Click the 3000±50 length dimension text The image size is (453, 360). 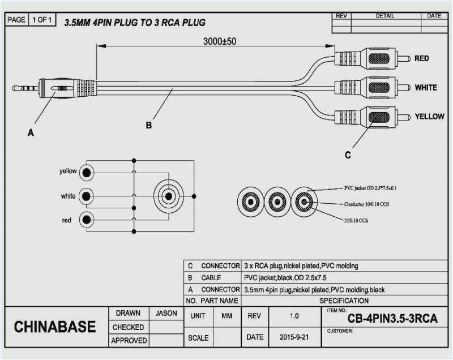220,41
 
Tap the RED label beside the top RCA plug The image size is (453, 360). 421,58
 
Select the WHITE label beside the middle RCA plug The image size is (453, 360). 425,88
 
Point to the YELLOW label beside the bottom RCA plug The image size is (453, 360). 429,116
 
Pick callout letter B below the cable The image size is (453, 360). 149,126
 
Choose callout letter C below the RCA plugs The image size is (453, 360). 348,155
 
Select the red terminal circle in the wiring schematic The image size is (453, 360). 87,220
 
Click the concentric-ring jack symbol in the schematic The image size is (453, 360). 168,196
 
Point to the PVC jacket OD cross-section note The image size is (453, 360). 374,188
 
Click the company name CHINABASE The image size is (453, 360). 55,327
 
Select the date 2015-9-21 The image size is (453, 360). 293,337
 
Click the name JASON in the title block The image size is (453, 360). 165,313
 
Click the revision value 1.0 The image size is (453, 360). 293,316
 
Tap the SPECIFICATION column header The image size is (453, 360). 344,301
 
